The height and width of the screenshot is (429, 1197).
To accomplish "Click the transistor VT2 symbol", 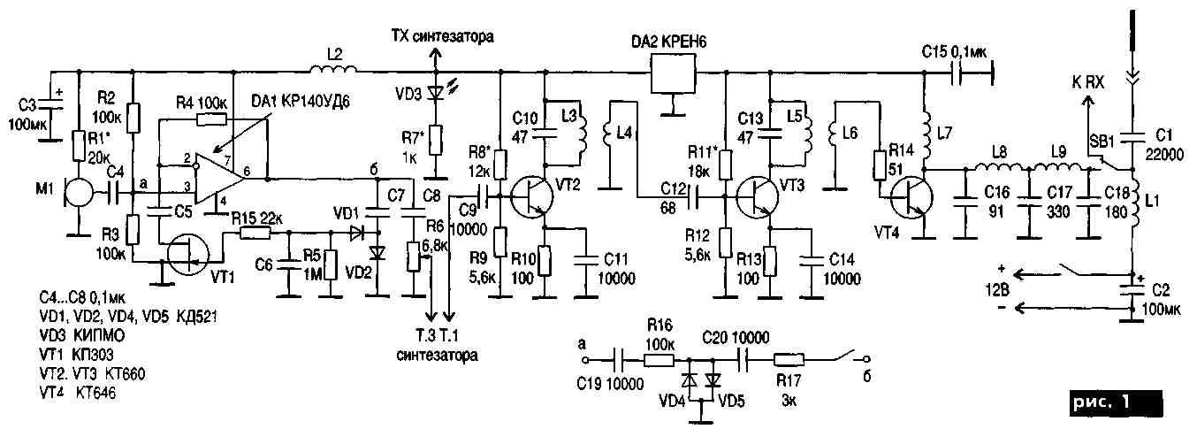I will click(532, 196).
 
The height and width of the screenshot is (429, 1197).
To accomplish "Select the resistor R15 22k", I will click(256, 234).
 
